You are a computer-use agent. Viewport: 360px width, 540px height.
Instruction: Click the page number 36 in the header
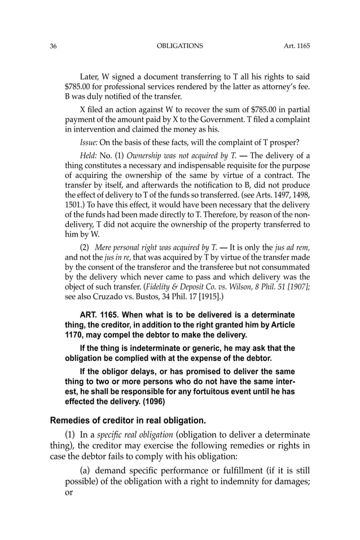53,46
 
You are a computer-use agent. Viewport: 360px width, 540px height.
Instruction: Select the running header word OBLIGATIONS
179,46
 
